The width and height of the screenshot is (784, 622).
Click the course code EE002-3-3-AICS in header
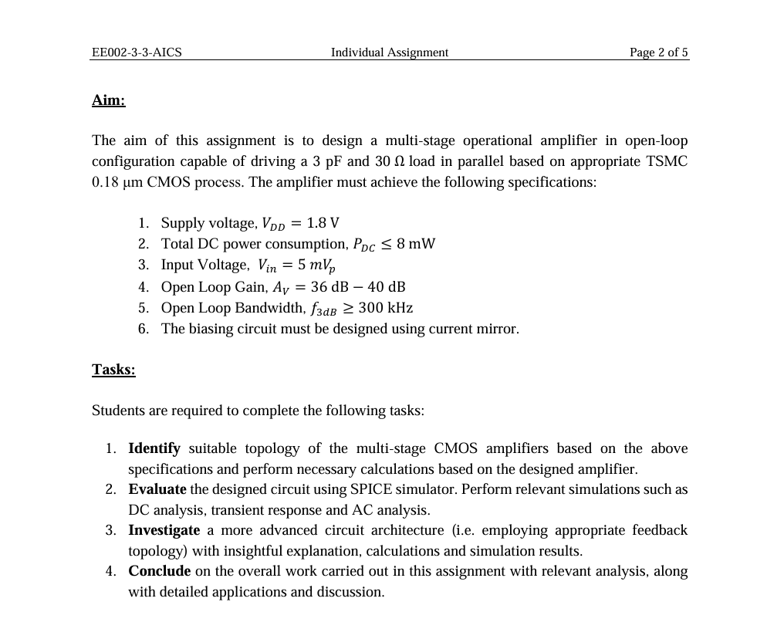pyautogui.click(x=137, y=52)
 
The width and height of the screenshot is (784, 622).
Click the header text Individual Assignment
pyautogui.click(x=389, y=52)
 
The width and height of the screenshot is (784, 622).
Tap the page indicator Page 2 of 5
pyautogui.click(x=658, y=52)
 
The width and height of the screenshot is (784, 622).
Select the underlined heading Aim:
pyautogui.click(x=108, y=100)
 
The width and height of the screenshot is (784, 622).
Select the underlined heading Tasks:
pyautogui.click(x=113, y=370)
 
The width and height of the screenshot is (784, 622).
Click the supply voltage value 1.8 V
pyautogui.click(x=323, y=224)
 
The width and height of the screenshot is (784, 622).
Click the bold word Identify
pyautogui.click(x=154, y=448)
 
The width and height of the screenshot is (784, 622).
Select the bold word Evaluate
pyautogui.click(x=157, y=489)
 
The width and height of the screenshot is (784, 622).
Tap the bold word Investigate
pyautogui.click(x=164, y=530)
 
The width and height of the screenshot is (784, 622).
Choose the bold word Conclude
pyautogui.click(x=159, y=571)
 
